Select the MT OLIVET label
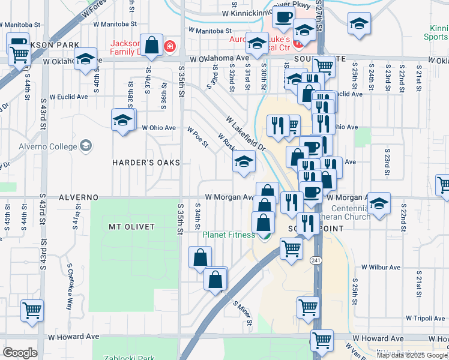pyautogui.click(x=131, y=226)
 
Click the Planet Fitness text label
pyautogui.click(x=228, y=235)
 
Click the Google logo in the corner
pyautogui.click(x=20, y=353)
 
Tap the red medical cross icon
pyautogui.click(x=170, y=46)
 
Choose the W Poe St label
pyautogui.click(x=197, y=137)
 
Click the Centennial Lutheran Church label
pyautogui.click(x=349, y=212)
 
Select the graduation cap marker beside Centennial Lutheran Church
pyautogui.click(x=378, y=204)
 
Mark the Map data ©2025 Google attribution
pyautogui.click(x=412, y=355)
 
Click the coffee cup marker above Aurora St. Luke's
pyautogui.click(x=283, y=17)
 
